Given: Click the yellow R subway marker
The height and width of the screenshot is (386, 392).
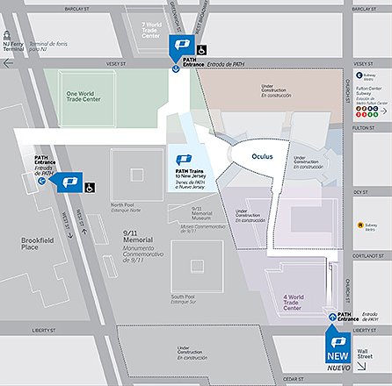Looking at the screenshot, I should click(x=360, y=225).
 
